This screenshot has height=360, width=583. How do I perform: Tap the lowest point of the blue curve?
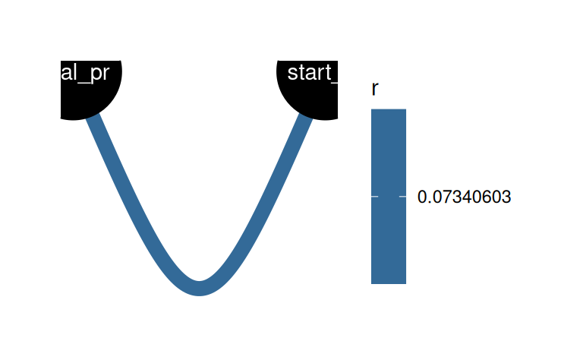coord(200,288)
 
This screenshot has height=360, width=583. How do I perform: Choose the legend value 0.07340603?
coord(464,197)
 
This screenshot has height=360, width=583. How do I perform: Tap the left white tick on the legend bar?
coord(373,197)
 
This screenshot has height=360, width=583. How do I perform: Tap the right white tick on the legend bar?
coord(402,197)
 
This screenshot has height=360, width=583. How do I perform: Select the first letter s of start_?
coord(294,74)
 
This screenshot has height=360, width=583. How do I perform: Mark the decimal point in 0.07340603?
coord(427,201)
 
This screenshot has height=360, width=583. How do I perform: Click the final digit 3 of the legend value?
coord(507,197)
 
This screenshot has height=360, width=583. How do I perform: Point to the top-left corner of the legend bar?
coord(371,109)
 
